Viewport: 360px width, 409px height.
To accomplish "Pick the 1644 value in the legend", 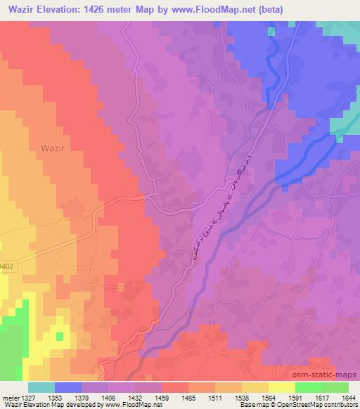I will pos(348,397).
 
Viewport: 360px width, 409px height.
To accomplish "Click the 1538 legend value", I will pos(241,397).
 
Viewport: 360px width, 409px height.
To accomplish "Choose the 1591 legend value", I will pos(295,397).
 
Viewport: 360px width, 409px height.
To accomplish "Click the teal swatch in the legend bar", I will pos(41,387).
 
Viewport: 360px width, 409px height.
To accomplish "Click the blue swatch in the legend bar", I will pos(68,387).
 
